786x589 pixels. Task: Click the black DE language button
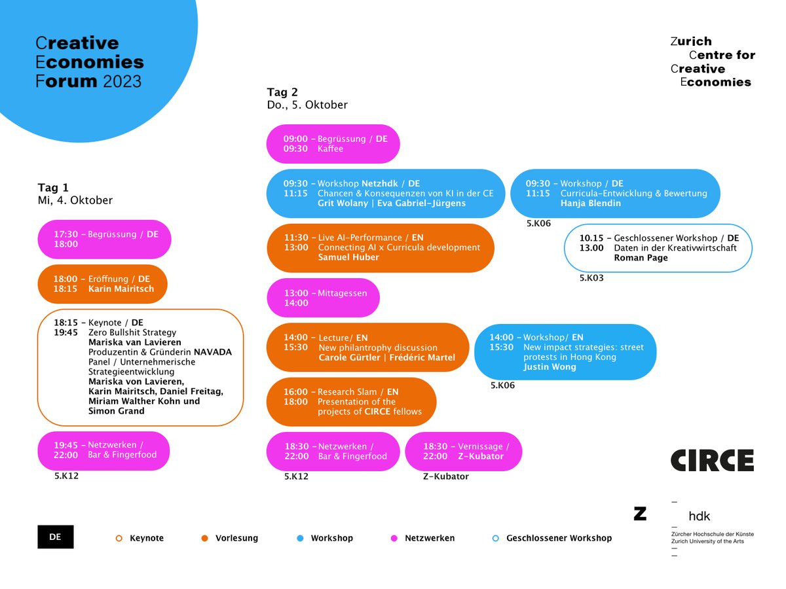pos(56,537)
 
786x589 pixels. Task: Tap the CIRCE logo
pos(712,460)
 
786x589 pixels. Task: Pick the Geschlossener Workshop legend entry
pos(553,538)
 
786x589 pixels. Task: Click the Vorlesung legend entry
pos(231,538)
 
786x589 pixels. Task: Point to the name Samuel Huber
pos(348,257)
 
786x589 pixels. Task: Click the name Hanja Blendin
pos(591,204)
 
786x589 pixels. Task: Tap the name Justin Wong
pos(550,367)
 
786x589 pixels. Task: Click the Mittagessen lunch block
pos(323,298)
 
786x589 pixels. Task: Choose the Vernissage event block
pos(463,451)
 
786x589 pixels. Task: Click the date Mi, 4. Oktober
pos(75,200)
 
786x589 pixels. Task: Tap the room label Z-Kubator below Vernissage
pos(446,476)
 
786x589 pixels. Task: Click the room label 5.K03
pos(591,278)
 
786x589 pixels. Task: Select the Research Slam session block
pos(350,401)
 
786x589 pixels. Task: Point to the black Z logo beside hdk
pos(640,514)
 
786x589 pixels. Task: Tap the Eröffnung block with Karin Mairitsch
pos(102,283)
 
